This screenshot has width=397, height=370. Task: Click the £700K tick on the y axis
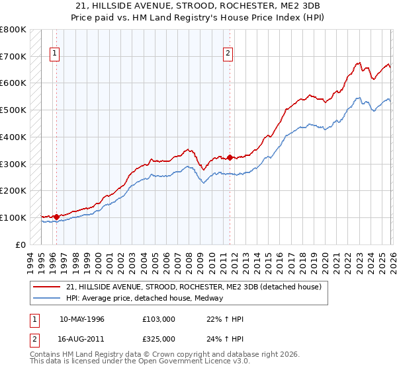click(x=14, y=56)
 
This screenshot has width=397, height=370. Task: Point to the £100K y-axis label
click(x=14, y=217)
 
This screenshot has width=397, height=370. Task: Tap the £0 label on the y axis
click(x=20, y=244)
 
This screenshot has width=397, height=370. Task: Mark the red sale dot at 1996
click(x=57, y=216)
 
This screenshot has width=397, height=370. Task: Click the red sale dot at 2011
click(x=230, y=157)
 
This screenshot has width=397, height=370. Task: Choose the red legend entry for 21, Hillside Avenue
click(x=193, y=287)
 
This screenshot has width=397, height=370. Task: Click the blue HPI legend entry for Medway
click(x=144, y=298)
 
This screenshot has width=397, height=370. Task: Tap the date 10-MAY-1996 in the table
click(x=82, y=319)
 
